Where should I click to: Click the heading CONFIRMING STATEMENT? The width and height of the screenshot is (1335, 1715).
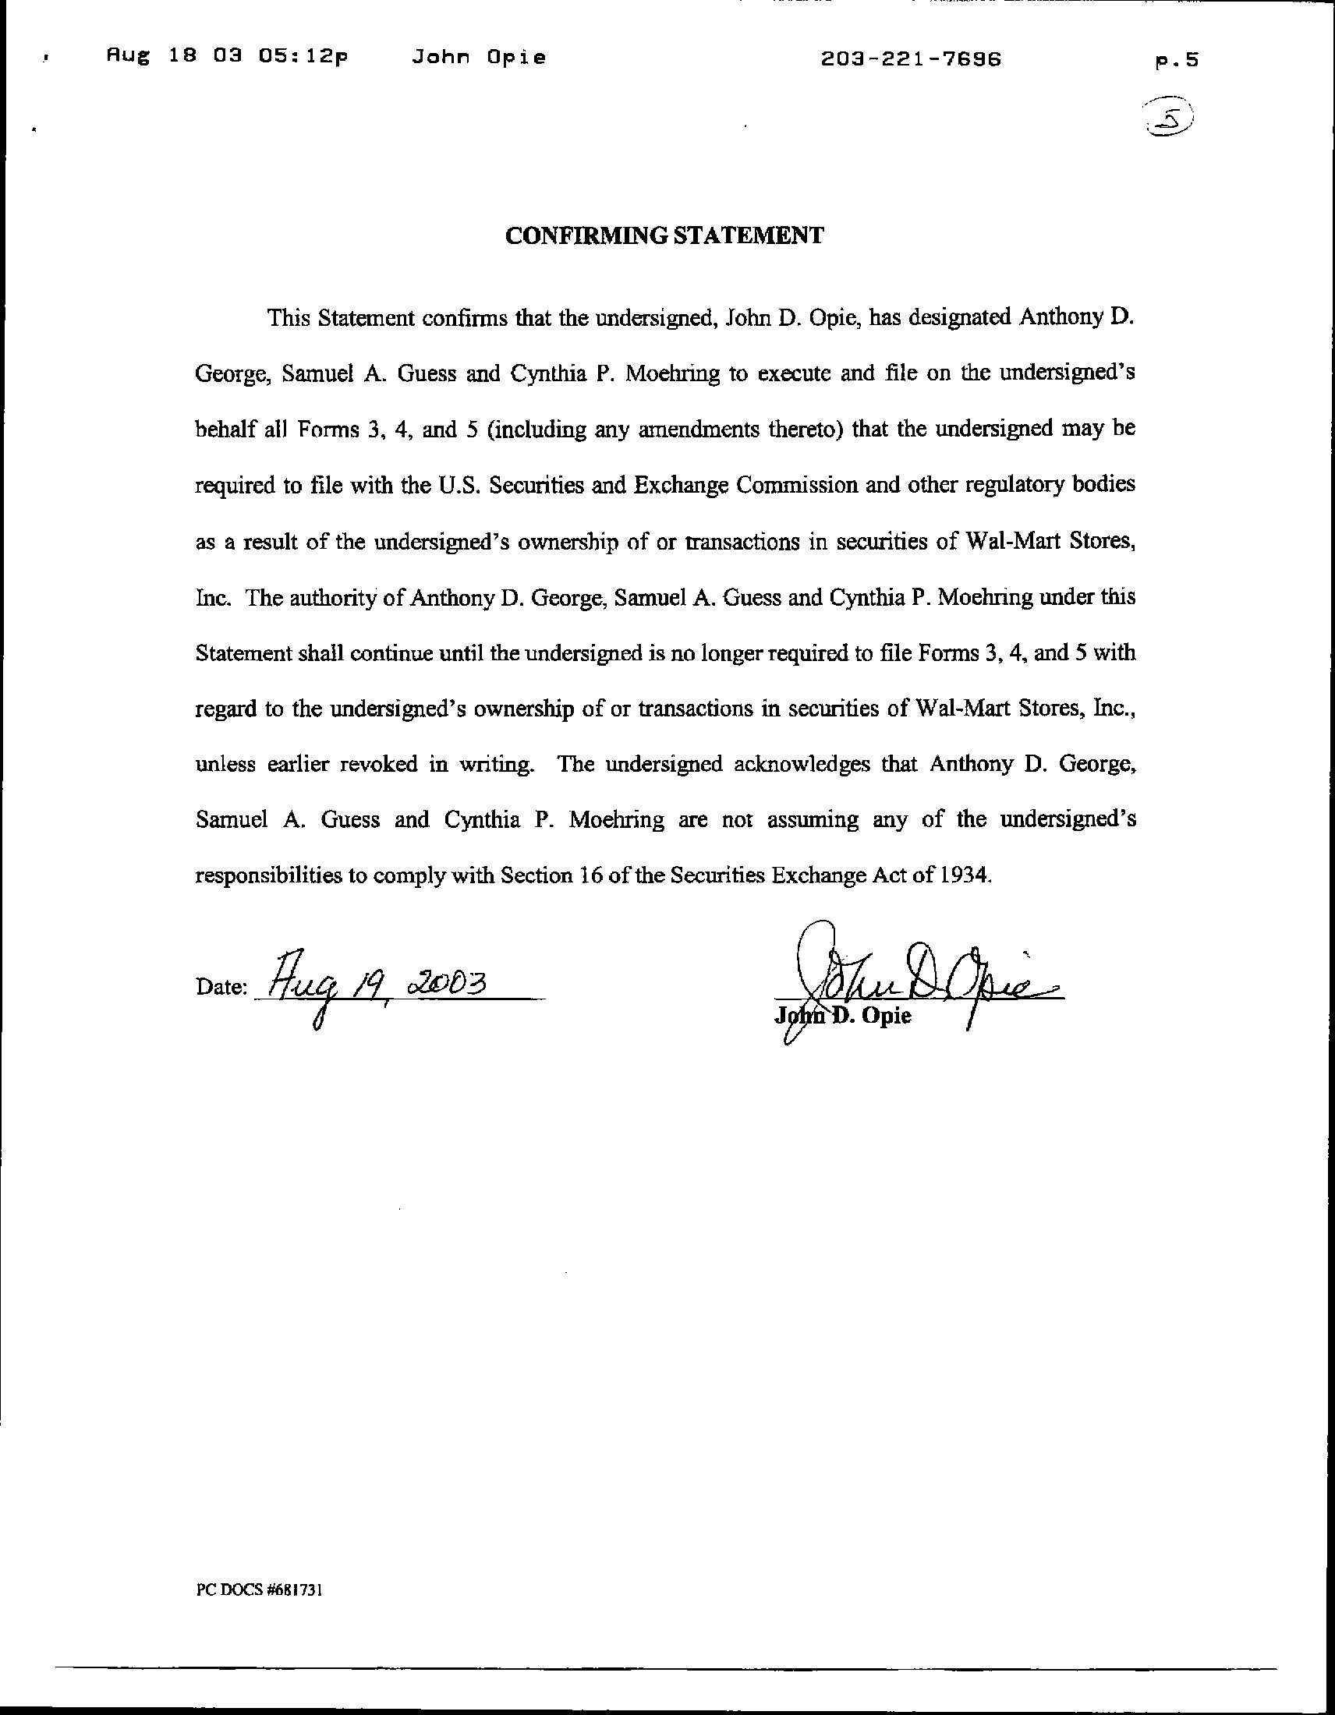pos(664,235)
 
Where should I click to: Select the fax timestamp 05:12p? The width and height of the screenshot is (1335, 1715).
pos(302,58)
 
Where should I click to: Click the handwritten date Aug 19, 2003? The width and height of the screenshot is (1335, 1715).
pos(377,986)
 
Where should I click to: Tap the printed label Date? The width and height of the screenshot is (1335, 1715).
pos(222,988)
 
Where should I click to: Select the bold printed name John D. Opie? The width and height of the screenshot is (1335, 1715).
pos(844,1016)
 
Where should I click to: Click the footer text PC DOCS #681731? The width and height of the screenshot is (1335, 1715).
pos(259,1590)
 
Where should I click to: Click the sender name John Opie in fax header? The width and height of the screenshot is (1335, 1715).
pos(477,58)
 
